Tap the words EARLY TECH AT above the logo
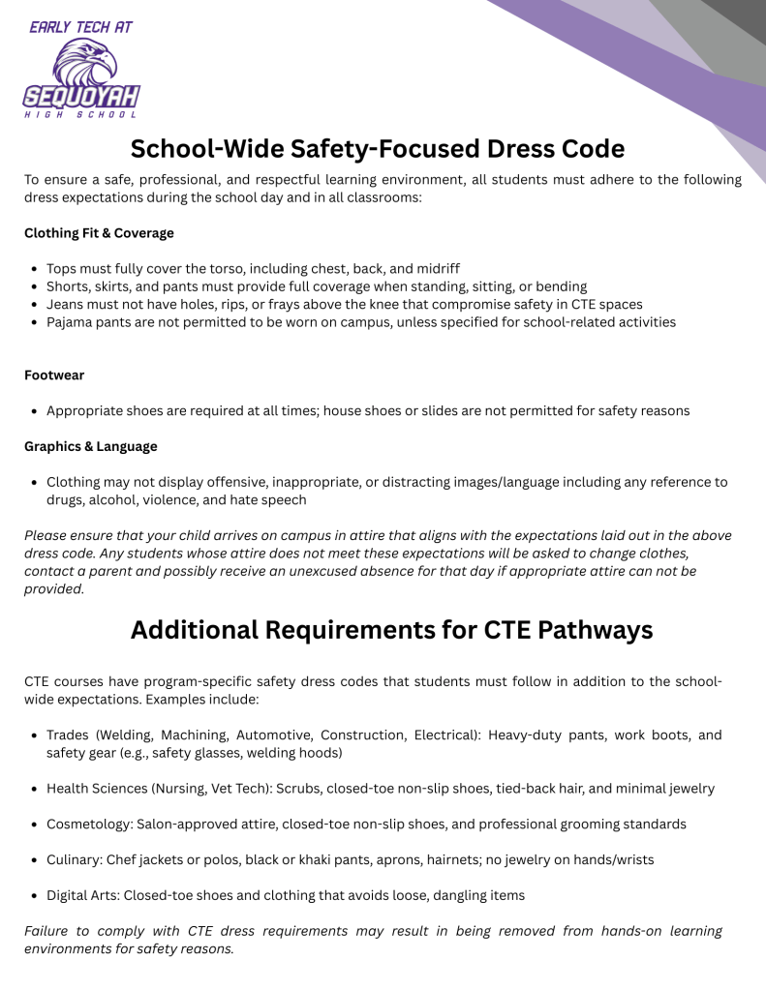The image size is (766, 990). pyautogui.click(x=81, y=27)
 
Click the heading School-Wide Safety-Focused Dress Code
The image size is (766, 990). pyautogui.click(x=378, y=149)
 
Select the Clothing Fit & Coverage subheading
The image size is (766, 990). pyautogui.click(x=99, y=233)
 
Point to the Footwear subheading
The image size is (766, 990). pyautogui.click(x=54, y=375)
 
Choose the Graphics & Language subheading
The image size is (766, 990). pyautogui.click(x=90, y=446)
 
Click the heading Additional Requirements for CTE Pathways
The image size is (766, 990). pyautogui.click(x=391, y=630)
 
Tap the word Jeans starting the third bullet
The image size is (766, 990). pyautogui.click(x=66, y=304)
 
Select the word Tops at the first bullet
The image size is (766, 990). pyautogui.click(x=63, y=268)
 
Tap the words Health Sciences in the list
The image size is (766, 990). pyautogui.click(x=96, y=788)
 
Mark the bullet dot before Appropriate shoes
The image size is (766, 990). pyautogui.click(x=35, y=411)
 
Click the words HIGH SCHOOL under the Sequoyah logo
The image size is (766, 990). pyautogui.click(x=81, y=115)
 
